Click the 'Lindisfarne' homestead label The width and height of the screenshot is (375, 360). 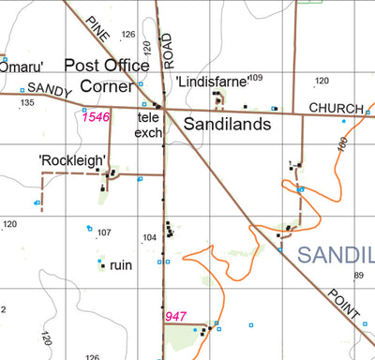[211, 82]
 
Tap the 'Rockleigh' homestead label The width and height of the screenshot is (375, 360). [71, 160]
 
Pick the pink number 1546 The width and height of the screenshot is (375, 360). [97, 117]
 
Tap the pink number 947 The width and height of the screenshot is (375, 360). [176, 317]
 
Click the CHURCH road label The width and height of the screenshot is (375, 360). [335, 109]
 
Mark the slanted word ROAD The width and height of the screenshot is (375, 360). [167, 52]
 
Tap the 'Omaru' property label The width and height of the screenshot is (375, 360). [19, 67]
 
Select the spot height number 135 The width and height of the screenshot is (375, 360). [26, 103]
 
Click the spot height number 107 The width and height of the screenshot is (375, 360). [104, 232]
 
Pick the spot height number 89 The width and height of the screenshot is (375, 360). [358, 275]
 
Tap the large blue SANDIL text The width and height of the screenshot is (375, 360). [336, 254]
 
